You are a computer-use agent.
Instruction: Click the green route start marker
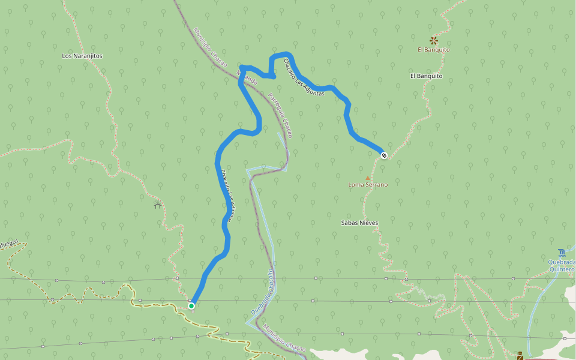pos(191,306)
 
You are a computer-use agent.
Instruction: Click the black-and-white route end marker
pos(384,156)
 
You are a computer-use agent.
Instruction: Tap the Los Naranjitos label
pos(82,56)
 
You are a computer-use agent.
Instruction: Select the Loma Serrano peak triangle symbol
pos(368,178)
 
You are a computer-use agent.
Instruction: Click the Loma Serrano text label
pos(368,185)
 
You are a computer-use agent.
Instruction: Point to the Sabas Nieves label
pos(359,223)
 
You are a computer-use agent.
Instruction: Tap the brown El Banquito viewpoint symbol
pos(434,41)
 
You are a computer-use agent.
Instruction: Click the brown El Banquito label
pos(434,50)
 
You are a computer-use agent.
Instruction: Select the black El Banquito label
pos(426,76)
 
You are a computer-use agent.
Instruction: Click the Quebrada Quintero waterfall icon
pos(561,253)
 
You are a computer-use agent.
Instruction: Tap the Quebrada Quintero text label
pos(561,266)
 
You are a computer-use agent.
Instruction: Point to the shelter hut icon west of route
pos(158,206)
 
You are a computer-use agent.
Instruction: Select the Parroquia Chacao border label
pos(280,115)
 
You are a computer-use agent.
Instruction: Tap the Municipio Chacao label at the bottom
pos(284,337)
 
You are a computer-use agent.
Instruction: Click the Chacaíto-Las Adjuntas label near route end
pos(304,77)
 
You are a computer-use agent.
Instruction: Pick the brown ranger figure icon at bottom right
pos(520,355)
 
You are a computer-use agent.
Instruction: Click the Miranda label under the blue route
pos(248,77)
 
